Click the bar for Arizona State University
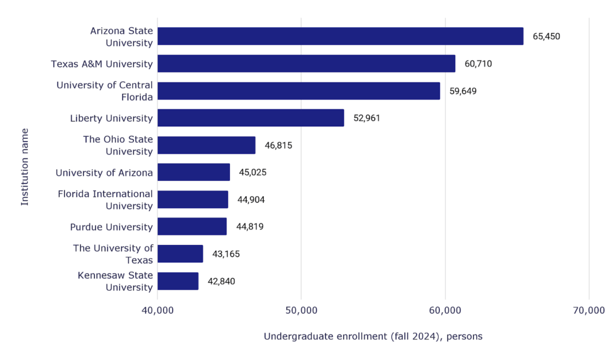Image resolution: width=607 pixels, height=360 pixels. (340, 36)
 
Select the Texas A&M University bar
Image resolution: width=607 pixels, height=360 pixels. (306, 63)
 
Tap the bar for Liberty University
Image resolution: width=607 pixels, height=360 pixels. (251, 118)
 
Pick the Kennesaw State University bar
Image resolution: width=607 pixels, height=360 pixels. (178, 281)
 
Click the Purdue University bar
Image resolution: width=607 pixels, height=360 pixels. (192, 227)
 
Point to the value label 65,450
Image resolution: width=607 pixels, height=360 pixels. (546, 36)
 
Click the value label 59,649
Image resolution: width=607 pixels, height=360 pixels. (463, 91)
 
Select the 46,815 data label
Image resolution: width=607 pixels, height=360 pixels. (279, 145)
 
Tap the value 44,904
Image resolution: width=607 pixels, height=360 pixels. (251, 200)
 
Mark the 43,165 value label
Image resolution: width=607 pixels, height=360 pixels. (226, 254)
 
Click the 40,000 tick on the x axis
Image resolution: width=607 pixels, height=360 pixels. (157, 310)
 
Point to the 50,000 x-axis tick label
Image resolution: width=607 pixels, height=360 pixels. (301, 310)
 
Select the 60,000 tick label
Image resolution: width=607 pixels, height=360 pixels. (445, 310)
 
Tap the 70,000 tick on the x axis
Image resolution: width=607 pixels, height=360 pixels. (589, 310)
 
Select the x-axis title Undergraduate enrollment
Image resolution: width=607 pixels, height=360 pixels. (373, 337)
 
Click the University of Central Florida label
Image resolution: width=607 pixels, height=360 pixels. (105, 91)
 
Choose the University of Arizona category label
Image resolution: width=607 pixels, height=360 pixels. (104, 173)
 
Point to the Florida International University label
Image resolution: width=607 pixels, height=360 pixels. (106, 200)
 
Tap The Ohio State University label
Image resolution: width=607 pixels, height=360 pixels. (118, 145)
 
